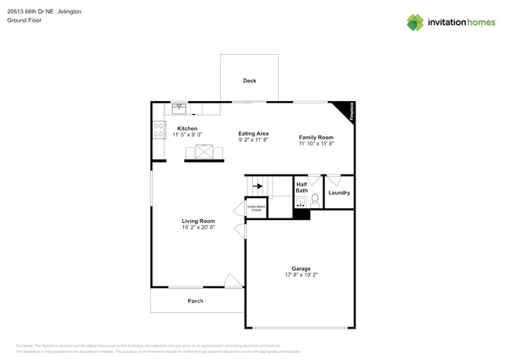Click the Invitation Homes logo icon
(x=415, y=22)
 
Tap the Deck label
(x=249, y=81)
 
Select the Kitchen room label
(x=187, y=128)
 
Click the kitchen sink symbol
(x=179, y=108)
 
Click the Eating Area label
(x=254, y=134)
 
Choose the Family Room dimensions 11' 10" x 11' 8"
(x=316, y=144)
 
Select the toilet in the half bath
(x=316, y=201)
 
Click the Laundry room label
(x=339, y=193)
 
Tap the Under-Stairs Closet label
(x=256, y=209)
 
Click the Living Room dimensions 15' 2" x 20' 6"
(x=198, y=228)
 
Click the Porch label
(x=195, y=301)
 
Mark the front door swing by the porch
(x=232, y=280)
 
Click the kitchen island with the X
(x=208, y=153)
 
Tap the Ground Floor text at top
(x=24, y=20)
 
